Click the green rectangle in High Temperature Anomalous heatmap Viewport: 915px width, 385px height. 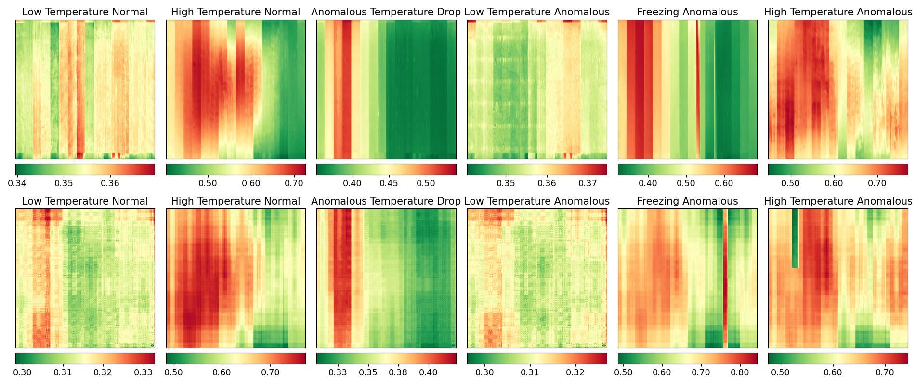pyautogui.click(x=795, y=238)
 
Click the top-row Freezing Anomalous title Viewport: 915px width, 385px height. pyautogui.click(x=687, y=12)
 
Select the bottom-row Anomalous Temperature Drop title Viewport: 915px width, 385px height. pyautogui.click(x=386, y=201)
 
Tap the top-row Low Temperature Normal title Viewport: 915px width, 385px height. pyautogui.click(x=85, y=12)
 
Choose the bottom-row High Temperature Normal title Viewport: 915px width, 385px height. pyautogui.click(x=235, y=201)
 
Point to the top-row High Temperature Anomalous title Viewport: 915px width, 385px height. pyautogui.click(x=838, y=12)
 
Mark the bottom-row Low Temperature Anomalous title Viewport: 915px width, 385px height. pyautogui.click(x=537, y=201)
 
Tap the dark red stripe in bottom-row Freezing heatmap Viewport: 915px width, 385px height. pyautogui.click(x=725, y=279)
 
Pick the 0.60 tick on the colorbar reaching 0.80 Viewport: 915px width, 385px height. pyautogui.click(x=662, y=372)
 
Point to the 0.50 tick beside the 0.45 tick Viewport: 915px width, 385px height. pyautogui.click(x=426, y=183)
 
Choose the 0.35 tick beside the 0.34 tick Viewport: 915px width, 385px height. pyautogui.click(x=64, y=183)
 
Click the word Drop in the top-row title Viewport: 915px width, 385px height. pyautogui.click(x=447, y=12)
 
